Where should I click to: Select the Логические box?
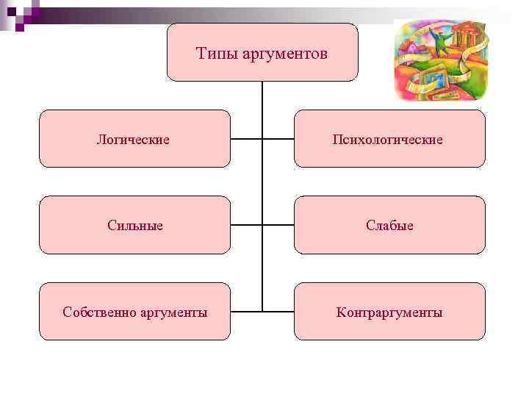(x=134, y=139)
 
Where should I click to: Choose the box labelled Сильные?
(x=134, y=225)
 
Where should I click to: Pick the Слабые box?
(x=389, y=225)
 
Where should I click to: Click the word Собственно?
(x=94, y=312)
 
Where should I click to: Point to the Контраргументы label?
(x=389, y=312)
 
